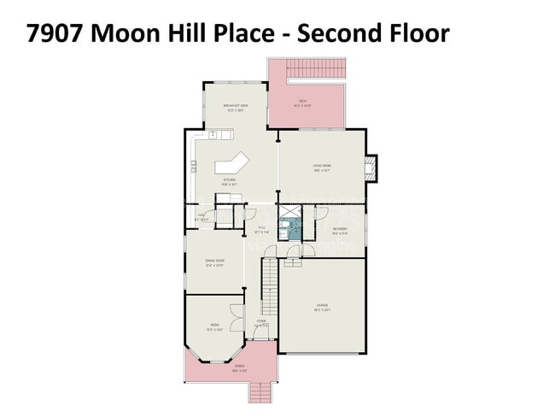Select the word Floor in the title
(411, 35)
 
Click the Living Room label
(321, 168)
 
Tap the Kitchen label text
(230, 180)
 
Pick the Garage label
(322, 308)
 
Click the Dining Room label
(214, 261)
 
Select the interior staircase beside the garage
(270, 286)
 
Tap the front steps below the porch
(260, 391)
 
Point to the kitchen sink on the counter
(213, 134)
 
